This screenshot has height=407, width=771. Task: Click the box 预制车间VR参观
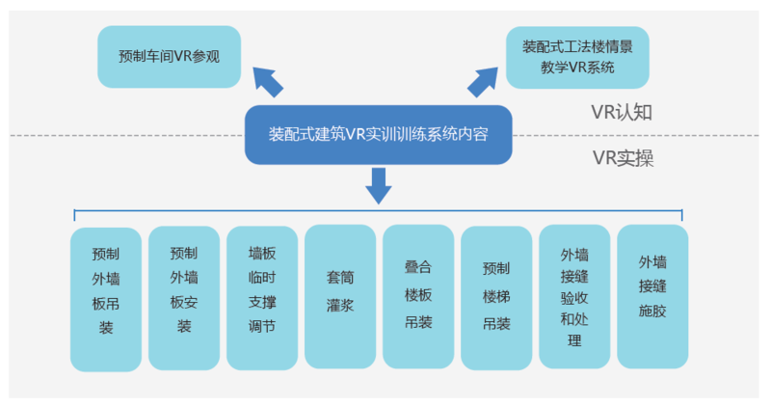pos(169,56)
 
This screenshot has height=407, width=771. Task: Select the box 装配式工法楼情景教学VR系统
pos(577,57)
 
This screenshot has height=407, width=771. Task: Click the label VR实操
pos(623,158)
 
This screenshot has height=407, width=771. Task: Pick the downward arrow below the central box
pos(379,184)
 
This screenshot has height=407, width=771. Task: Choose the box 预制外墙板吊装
pos(106,297)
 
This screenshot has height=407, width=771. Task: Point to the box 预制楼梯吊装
pos(496,297)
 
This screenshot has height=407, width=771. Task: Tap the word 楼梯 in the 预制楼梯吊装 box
pos(496,296)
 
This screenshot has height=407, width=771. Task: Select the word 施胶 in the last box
pos(652,312)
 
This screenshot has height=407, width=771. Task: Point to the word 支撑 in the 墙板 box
pos(262,302)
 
